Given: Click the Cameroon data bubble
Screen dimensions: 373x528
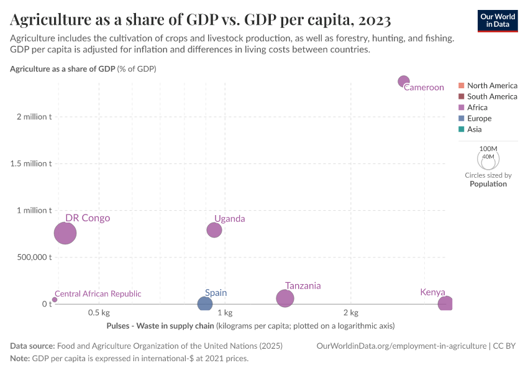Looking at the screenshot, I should pos(404,81).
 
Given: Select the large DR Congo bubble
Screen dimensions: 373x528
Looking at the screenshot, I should pos(65,233).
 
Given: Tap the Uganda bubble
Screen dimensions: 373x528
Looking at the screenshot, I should pos(214,230).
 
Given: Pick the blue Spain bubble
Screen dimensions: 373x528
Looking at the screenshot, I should pos(205,304).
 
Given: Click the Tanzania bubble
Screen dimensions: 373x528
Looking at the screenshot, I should pos(284,298).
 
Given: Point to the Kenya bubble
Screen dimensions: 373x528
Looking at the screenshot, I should pos(445,304).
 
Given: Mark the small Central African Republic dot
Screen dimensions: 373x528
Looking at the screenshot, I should pos(55,300).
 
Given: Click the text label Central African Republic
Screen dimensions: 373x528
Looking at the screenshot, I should pos(98,293).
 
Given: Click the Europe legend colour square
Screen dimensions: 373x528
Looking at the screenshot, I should pos(461,118).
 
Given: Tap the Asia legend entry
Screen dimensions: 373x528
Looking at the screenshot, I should pos(474,129).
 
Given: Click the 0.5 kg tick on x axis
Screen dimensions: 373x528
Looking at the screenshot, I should pos(99,312).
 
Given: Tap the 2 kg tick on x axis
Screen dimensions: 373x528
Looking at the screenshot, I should pos(350,312).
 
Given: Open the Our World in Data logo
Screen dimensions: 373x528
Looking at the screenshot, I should pos(498,21).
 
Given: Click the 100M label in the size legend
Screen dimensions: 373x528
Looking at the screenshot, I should pos(489,149).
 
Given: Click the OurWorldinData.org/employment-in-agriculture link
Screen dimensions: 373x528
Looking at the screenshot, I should pos(401,346).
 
